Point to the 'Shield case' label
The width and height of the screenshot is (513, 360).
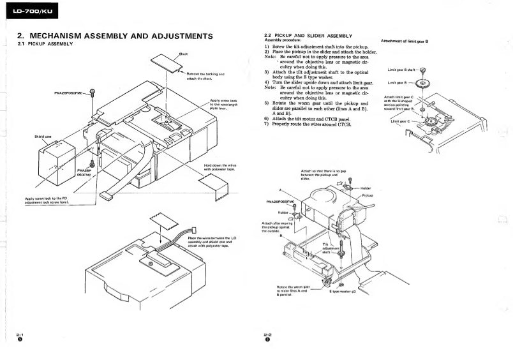pos(43,137)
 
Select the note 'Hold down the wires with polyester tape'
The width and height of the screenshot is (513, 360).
pos(219,167)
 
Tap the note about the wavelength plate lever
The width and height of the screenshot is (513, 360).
pos(224,104)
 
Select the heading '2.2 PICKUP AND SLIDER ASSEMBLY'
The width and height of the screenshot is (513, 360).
pos(308,35)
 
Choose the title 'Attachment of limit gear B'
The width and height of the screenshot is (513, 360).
pos(404,41)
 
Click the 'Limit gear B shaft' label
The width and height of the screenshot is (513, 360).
pos(401,70)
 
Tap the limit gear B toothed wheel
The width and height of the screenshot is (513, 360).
pos(422,83)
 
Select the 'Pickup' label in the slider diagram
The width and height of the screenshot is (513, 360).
pos(367,195)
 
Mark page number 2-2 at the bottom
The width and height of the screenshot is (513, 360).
pos(267,334)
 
